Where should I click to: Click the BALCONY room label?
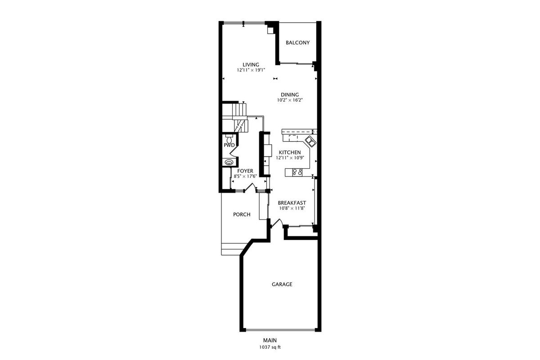[297, 43]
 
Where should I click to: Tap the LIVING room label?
[251, 65]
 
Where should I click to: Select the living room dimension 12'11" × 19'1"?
[251, 70]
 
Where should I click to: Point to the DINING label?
[290, 95]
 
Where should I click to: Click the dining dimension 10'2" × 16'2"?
[290, 100]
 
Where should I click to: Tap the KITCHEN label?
[290, 153]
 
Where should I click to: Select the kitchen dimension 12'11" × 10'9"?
[290, 158]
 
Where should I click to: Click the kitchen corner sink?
[310, 141]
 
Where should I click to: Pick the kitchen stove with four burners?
[297, 172]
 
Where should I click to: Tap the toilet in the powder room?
[229, 139]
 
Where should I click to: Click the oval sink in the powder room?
[229, 162]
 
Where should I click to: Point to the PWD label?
[229, 145]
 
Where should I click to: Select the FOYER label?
[245, 171]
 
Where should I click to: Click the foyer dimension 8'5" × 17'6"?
[245, 176]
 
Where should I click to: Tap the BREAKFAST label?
[292, 203]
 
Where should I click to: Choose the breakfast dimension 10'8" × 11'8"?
[292, 208]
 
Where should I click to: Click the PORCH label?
[242, 214]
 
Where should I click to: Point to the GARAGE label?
[282, 284]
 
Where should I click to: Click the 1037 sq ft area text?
[270, 347]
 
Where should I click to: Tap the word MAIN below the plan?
[270, 340]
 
